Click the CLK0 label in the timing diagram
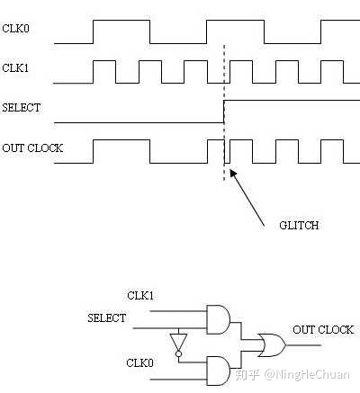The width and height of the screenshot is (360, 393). [16, 29]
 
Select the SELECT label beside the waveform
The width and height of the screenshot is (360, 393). [21, 107]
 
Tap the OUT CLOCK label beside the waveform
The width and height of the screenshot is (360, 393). [32, 147]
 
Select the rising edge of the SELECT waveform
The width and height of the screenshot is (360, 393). [224, 112]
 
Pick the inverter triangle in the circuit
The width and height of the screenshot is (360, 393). [179, 343]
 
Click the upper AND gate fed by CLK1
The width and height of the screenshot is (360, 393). [219, 318]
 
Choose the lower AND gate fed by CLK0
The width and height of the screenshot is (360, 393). [219, 368]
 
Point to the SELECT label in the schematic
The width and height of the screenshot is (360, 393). [106, 317]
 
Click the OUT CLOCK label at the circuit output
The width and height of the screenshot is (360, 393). [323, 330]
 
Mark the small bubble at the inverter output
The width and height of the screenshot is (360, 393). [179, 354]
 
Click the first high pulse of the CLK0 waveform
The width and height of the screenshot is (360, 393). [121, 31]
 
